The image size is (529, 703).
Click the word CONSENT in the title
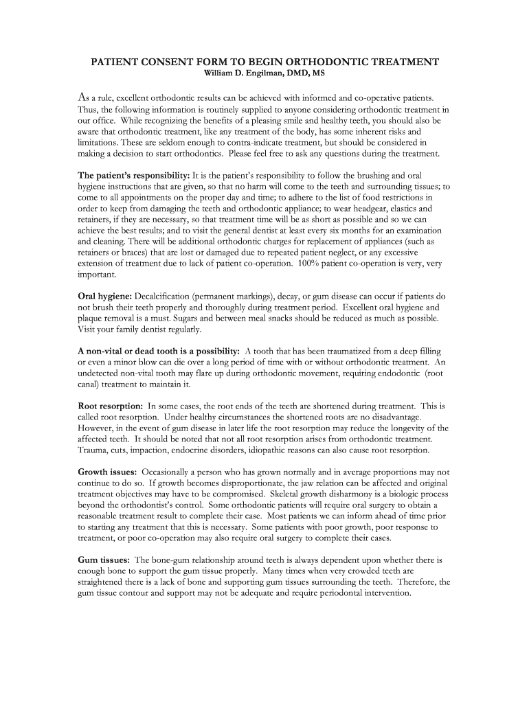pos(170,62)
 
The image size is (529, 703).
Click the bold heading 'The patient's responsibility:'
pos(133,175)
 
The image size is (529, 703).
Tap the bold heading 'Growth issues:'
pos(107,472)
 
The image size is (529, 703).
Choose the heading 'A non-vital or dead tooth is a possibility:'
pos(159,351)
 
